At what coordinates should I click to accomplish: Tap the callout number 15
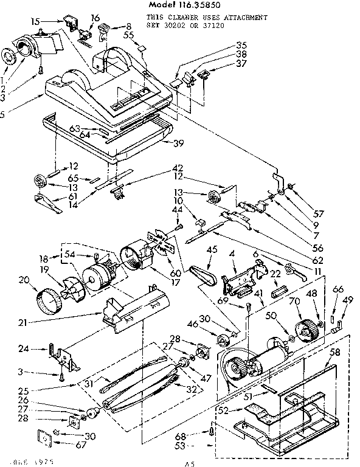(x=36, y=22)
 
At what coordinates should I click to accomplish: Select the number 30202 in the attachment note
(x=201, y=26)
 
